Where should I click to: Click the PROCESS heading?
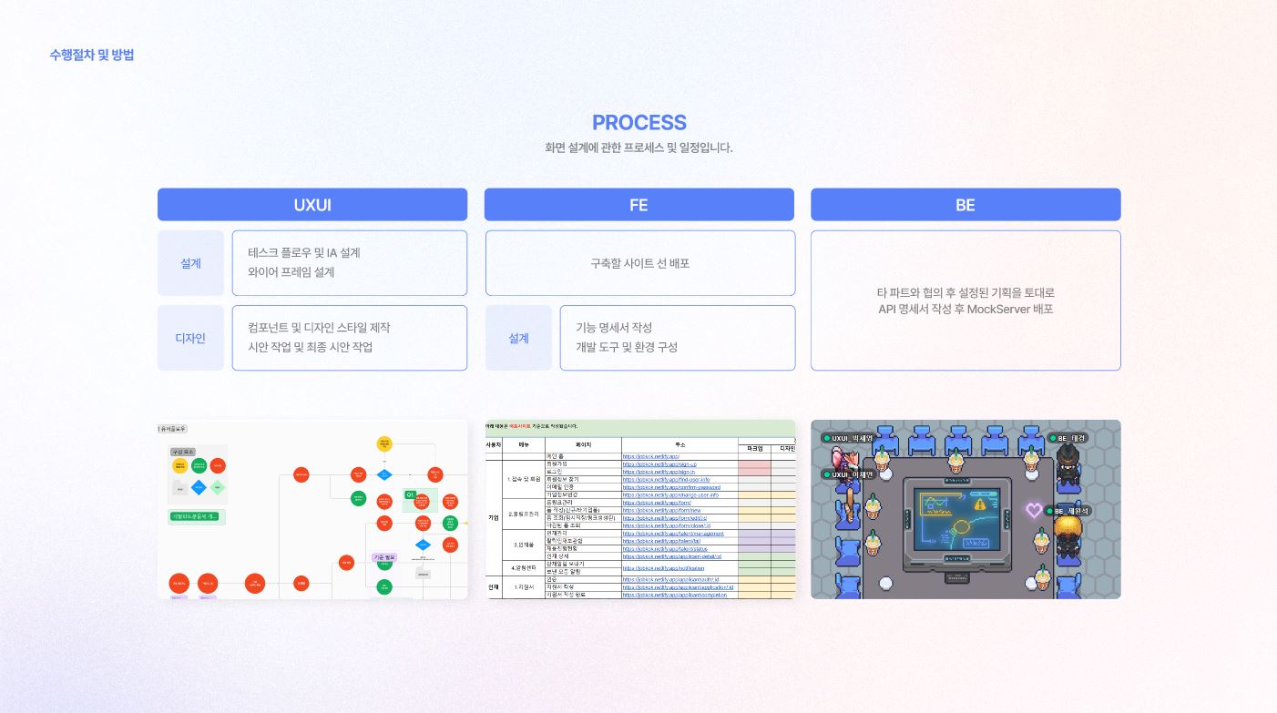[638, 123]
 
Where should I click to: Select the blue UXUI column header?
[312, 205]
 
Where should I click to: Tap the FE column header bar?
[638, 205]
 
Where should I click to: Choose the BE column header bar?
[965, 205]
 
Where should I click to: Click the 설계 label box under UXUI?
[190, 263]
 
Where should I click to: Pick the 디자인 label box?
[190, 338]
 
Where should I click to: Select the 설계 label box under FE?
[518, 338]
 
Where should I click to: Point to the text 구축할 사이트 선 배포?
[639, 263]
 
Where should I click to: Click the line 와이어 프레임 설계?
[291, 272]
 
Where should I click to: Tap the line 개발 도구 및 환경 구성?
[627, 347]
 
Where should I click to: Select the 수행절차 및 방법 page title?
[92, 55]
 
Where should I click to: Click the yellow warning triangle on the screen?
[980, 503]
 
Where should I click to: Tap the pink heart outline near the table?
[1034, 510]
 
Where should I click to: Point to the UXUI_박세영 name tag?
[849, 438]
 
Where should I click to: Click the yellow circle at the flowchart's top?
[384, 443]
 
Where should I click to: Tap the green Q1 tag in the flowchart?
[411, 494]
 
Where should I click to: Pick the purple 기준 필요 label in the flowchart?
[384, 557]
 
